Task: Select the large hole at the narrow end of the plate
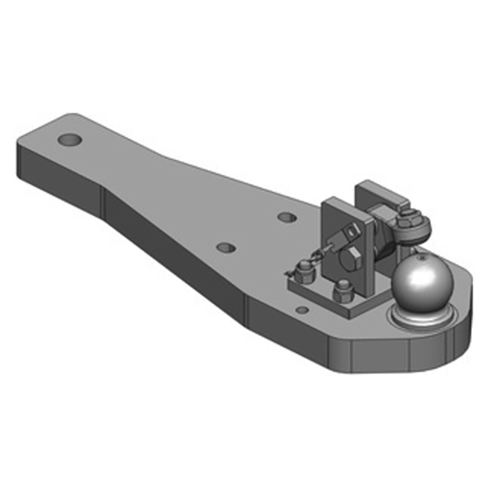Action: (70, 140)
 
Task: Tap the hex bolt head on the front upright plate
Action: (351, 259)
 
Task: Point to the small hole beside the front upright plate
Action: (287, 216)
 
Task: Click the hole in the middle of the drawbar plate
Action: (226, 247)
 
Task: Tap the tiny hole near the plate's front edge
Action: (301, 310)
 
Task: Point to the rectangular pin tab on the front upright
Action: (350, 231)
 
